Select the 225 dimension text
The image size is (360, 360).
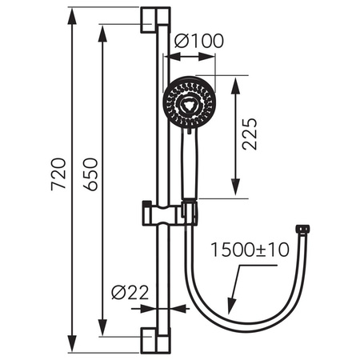point(250,136)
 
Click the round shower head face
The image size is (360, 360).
point(189,102)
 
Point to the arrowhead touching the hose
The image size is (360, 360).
point(231,306)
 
